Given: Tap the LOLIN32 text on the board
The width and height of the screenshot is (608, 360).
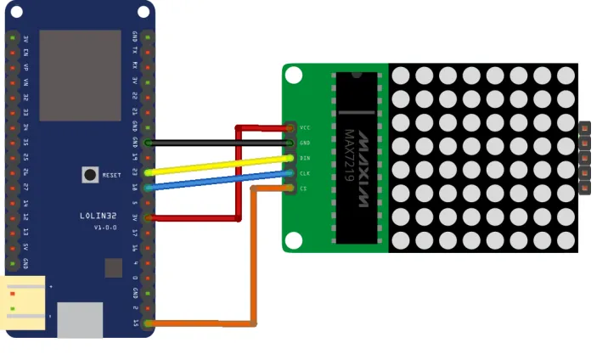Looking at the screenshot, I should click(x=100, y=216).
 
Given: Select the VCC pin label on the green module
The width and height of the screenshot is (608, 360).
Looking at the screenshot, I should click(x=305, y=127).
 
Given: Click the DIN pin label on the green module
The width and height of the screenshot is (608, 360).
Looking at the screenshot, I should click(x=305, y=158).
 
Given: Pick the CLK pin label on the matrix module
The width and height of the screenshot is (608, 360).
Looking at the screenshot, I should click(x=305, y=173).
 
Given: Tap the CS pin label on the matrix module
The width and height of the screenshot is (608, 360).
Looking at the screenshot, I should click(x=303, y=188).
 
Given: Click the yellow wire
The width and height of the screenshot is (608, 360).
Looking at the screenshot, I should click(x=221, y=165).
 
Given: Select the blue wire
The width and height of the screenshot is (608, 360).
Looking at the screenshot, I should click(x=221, y=180).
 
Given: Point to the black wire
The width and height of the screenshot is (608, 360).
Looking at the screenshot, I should click(x=221, y=143).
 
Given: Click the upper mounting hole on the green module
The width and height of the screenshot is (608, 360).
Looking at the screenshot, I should click(x=293, y=76).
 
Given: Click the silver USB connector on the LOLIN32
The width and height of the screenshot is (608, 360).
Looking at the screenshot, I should click(x=80, y=320).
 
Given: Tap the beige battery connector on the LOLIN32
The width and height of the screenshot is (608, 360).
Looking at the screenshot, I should click(x=23, y=303).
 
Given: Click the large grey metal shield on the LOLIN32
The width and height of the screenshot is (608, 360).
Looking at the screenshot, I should click(x=80, y=75).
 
